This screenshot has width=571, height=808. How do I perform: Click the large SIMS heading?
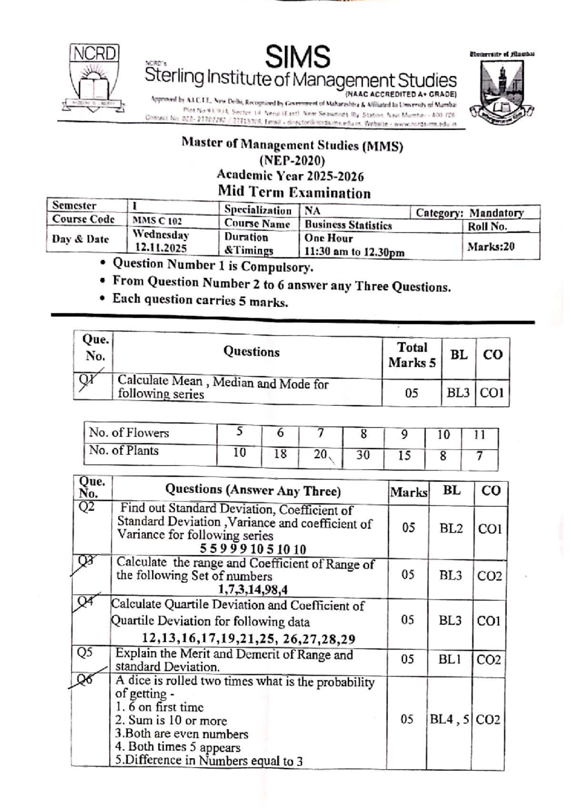[x=297, y=57]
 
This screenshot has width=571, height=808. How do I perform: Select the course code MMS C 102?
[x=157, y=221]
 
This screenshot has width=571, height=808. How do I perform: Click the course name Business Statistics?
[x=348, y=225]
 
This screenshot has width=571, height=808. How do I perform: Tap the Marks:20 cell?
[x=491, y=246]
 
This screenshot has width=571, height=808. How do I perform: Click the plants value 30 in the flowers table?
[x=363, y=455]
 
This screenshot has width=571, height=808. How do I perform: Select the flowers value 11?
[x=480, y=434]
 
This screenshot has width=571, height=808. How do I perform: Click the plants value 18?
[x=280, y=453]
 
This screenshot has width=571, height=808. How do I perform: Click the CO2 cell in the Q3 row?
[x=489, y=576]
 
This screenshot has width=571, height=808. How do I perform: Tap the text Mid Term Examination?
[x=294, y=193]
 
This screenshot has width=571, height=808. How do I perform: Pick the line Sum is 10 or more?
[x=171, y=720]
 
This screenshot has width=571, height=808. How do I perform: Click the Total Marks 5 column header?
[x=412, y=355]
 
